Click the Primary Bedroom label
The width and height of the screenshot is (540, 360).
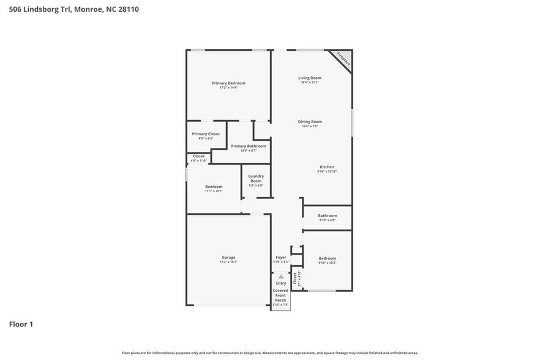tap(228, 83)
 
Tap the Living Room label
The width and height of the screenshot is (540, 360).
tap(310, 78)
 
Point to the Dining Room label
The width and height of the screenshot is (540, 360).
tap(310, 121)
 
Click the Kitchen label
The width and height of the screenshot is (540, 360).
tap(327, 167)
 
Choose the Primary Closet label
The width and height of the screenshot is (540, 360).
tap(206, 133)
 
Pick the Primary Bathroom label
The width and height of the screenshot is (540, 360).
tap(249, 146)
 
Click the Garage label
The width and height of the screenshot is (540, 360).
tap(228, 257)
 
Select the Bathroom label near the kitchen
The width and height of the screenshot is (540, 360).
tap(327, 216)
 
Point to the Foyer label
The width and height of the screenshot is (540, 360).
tap(281, 257)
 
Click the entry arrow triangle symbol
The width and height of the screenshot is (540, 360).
tap(281, 277)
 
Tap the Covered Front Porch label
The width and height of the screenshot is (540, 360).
tap(281, 296)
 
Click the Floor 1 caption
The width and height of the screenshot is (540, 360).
tap(21, 324)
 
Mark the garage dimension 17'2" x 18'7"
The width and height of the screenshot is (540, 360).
tap(228, 262)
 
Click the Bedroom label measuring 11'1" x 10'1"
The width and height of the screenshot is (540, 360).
tap(214, 187)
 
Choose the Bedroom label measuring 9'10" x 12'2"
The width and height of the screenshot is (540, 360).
tap(327, 258)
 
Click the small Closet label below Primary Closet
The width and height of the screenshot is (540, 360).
tap(199, 156)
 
